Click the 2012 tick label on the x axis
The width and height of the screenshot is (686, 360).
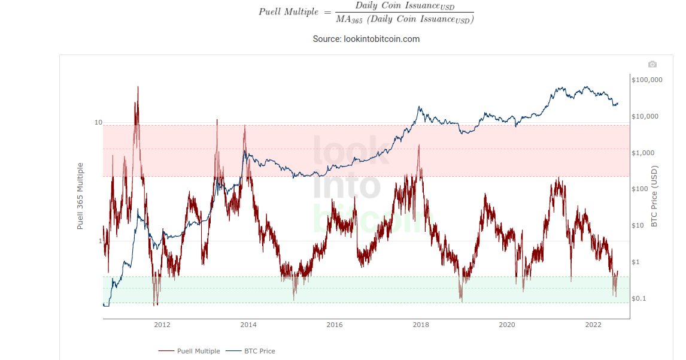tap(162, 325)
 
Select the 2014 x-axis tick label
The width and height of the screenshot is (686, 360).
tap(248, 325)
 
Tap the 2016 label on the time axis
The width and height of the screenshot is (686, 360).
tap(335, 325)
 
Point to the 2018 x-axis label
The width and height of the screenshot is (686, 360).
tap(421, 325)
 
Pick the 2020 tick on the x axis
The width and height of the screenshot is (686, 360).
tap(507, 325)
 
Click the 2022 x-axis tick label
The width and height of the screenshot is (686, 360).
tap(593, 325)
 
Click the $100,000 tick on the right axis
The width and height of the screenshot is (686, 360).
tap(647, 80)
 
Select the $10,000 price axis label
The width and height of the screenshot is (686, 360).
tap(645, 116)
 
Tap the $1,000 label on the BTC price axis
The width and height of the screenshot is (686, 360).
tap(643, 153)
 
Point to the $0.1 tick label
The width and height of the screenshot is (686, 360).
tap(639, 299)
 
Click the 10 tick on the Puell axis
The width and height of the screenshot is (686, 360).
tap(99, 123)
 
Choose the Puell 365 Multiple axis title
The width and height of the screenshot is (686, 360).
tap(80, 196)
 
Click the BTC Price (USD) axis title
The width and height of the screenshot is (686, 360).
tap(654, 196)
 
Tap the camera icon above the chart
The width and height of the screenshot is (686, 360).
tap(652, 65)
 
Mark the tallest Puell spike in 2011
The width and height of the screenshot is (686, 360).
tap(138, 88)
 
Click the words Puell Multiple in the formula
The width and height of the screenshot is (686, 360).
tap(288, 12)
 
